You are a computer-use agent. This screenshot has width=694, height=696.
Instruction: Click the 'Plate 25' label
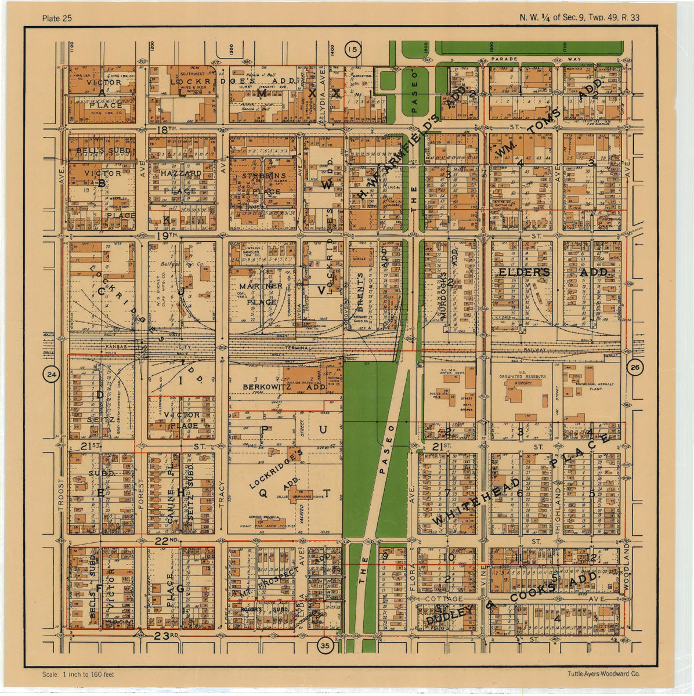[57, 18]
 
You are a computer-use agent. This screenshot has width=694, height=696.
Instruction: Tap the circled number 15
[352, 50]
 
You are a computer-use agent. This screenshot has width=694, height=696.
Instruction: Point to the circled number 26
[635, 367]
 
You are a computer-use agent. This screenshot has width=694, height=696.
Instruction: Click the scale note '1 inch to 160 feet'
[78, 675]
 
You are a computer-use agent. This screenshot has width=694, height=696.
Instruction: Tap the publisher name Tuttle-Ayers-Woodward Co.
[603, 674]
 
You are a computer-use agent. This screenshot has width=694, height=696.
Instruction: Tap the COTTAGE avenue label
[444, 599]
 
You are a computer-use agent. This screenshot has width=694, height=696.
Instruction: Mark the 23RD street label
[167, 636]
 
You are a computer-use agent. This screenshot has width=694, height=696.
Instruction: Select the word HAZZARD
[181, 173]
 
